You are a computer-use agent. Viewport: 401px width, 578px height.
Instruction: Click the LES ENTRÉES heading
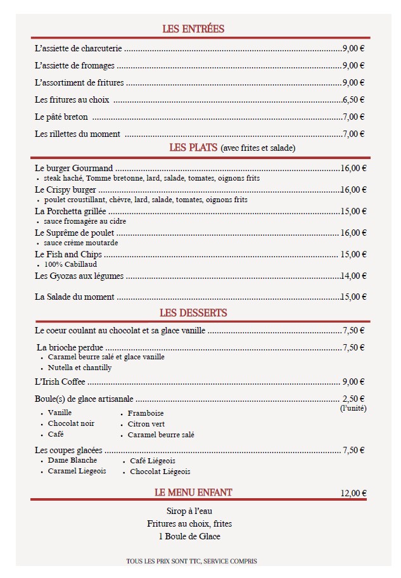[193, 29]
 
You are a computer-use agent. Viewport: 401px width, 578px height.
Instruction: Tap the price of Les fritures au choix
[353, 100]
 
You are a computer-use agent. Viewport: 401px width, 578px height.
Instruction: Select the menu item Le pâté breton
[61, 117]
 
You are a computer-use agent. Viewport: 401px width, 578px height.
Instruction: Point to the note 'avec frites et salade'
[258, 148]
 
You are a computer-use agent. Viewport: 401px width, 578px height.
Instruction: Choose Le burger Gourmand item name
[74, 168]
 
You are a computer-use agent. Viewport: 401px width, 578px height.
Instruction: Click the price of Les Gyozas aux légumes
[353, 276]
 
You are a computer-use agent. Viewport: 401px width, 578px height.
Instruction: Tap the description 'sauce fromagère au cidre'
[85, 221]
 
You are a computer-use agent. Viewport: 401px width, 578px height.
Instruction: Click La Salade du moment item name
[75, 297]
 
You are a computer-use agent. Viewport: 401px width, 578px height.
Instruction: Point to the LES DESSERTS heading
[193, 312]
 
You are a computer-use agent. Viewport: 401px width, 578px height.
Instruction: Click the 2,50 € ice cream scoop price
[353, 399]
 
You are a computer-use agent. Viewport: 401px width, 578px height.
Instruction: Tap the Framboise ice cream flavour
[146, 413]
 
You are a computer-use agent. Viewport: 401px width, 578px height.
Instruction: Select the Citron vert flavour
[146, 423]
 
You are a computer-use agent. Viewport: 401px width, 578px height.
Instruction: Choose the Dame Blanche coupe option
[72, 460]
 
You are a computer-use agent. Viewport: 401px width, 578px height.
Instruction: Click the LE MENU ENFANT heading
[193, 492]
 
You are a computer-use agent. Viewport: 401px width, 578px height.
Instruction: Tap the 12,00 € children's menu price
[353, 493]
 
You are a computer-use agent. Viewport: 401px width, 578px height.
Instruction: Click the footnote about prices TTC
[191, 561]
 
